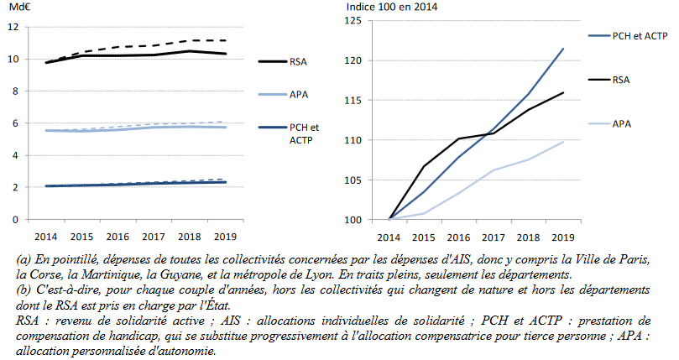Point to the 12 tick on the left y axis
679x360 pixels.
point(13,27)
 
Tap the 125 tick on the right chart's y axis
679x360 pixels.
point(353,20)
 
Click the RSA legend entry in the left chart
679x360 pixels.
point(298,61)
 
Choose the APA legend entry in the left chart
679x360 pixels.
point(298,96)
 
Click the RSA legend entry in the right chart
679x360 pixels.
point(622,81)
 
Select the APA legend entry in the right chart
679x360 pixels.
point(622,123)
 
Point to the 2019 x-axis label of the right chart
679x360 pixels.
point(563,235)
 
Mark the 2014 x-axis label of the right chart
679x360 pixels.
point(389,235)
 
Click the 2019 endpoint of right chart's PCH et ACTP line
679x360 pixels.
point(563,49)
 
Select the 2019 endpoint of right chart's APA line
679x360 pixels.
point(563,142)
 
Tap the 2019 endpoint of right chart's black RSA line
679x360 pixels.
point(563,92)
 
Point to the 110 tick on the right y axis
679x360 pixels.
point(353,140)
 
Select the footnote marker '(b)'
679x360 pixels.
point(25,289)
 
